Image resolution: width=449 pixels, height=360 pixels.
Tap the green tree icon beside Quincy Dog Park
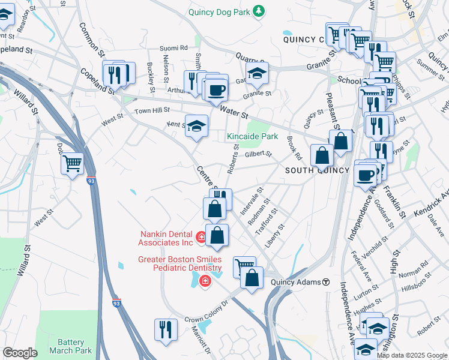click(259, 11)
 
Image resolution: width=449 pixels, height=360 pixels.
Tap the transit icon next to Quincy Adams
click(326, 282)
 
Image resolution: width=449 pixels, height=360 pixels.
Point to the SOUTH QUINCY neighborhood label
click(317, 170)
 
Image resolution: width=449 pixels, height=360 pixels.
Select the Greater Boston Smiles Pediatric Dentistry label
click(172, 265)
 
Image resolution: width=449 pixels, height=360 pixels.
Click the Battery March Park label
click(67, 346)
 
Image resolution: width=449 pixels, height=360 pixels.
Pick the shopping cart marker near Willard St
click(72, 162)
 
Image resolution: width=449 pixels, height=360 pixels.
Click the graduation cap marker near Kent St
click(196, 126)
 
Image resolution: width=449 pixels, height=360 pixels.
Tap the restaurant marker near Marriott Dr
click(166, 329)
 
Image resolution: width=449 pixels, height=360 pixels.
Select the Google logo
click(20, 353)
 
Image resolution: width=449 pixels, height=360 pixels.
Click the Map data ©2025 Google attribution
click(412, 355)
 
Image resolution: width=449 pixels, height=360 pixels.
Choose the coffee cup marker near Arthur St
click(216, 90)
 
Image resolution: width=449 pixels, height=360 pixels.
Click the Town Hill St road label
click(152, 110)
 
